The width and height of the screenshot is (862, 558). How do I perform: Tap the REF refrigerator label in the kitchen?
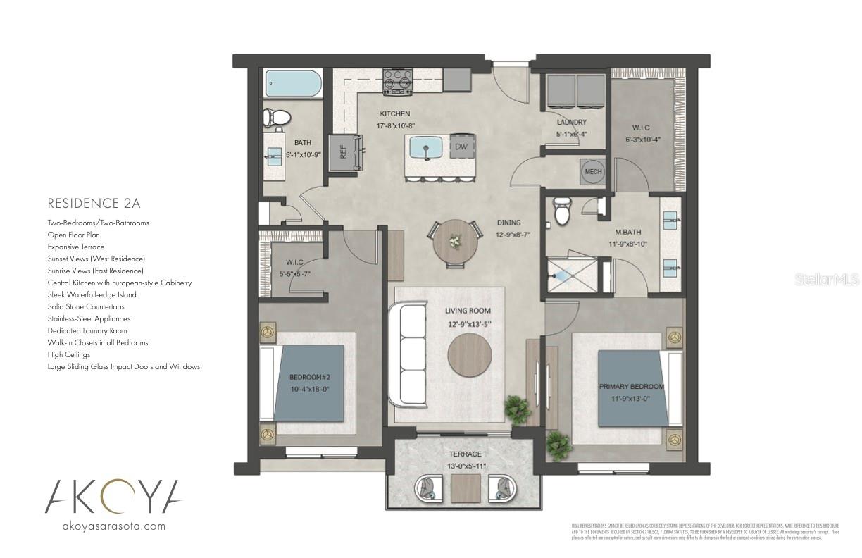click(x=344, y=151)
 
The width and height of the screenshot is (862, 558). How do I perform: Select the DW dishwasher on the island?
click(x=461, y=147)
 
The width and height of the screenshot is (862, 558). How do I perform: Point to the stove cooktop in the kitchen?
click(x=397, y=81)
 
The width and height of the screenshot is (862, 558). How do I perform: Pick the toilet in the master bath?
click(x=562, y=211)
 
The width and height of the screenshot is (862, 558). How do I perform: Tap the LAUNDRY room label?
click(x=571, y=123)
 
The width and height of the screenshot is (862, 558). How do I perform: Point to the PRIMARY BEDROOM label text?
click(x=632, y=387)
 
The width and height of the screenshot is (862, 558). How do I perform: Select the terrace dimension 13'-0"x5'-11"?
click(x=465, y=466)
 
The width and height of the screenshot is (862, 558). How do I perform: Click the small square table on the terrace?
click(x=465, y=488)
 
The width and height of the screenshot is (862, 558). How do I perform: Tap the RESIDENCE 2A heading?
click(x=94, y=204)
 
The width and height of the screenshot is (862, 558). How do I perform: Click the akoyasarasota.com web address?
click(x=114, y=526)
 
